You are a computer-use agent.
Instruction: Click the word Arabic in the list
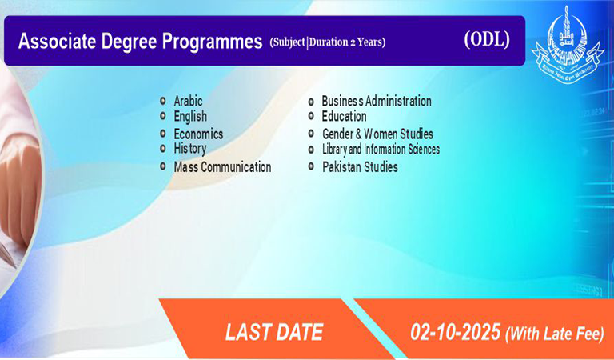tap(188, 101)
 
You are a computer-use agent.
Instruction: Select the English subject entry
tap(190, 116)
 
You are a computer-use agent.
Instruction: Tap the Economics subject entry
tap(198, 134)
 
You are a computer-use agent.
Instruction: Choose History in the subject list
tap(190, 149)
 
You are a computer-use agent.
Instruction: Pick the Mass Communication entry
tap(222, 167)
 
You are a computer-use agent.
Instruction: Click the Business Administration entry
tap(377, 101)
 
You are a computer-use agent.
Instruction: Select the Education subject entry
tap(344, 116)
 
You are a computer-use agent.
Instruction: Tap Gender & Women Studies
tap(377, 134)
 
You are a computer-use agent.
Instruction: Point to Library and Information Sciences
tap(381, 150)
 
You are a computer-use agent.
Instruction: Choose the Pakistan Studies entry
tap(360, 167)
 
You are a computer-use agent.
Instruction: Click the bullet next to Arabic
tap(163, 101)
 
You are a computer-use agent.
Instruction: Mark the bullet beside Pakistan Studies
tap(311, 166)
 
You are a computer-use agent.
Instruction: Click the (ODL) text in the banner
tap(487, 39)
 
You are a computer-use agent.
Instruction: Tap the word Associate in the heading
tap(57, 41)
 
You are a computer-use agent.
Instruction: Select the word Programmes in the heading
tap(212, 42)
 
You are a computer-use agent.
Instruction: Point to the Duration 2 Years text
tap(346, 42)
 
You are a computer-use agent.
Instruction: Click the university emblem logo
tap(568, 44)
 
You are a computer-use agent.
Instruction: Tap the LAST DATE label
tap(274, 332)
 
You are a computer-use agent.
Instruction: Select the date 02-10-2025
tap(456, 332)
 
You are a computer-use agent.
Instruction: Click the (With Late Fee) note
tap(555, 334)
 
